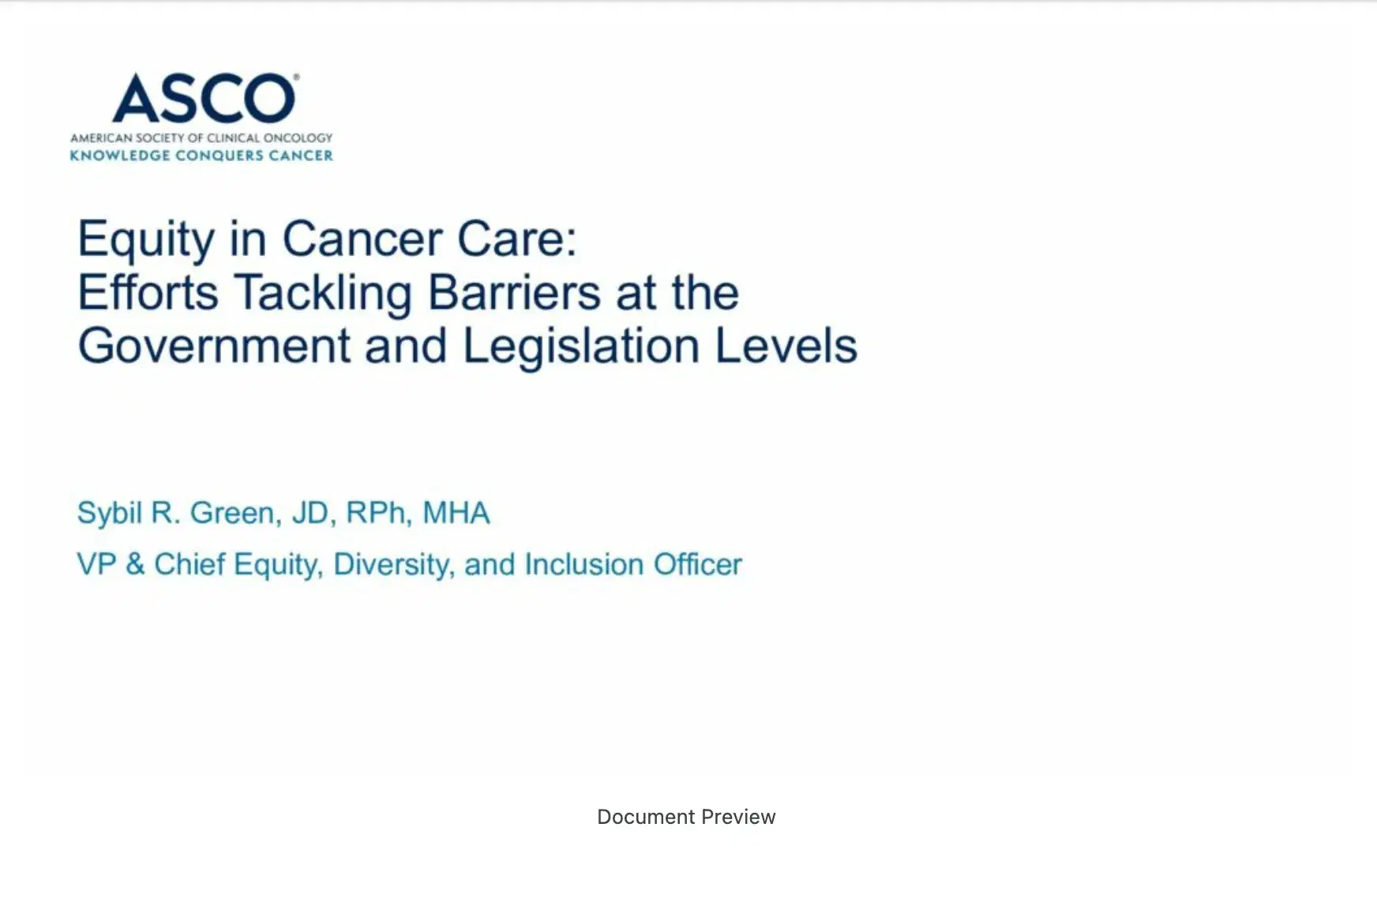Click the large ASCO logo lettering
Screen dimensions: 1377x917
coord(204,99)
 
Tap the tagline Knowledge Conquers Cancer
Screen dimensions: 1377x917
coord(201,155)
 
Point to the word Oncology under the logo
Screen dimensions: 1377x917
coord(298,138)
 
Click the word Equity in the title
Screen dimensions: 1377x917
coord(146,240)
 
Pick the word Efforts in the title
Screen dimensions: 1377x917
coord(148,292)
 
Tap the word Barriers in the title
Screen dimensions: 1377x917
coord(515,292)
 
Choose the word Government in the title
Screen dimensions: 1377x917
coord(214,346)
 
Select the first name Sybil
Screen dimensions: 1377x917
coord(109,515)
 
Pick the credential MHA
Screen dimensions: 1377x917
coord(456,513)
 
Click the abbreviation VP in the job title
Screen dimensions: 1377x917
coord(96,564)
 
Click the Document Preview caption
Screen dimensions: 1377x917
coord(686,817)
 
